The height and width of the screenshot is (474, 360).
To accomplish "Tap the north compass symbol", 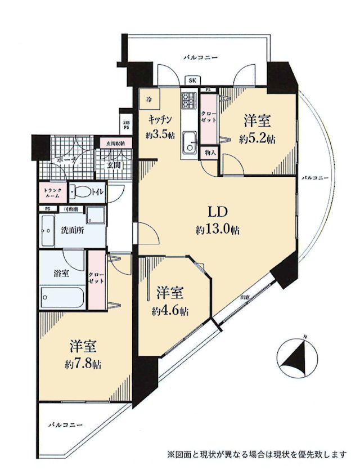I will pyautogui.click(x=296, y=359).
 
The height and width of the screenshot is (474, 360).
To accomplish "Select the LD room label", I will pyautogui.click(x=218, y=213).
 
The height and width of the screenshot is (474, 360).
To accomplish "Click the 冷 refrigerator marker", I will pyautogui.click(x=148, y=100).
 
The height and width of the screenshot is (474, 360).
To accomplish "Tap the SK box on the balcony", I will pyautogui.click(x=192, y=81).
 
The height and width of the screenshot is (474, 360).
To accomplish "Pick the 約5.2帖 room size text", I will pyautogui.click(x=257, y=140).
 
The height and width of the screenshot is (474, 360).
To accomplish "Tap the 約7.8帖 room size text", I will pyautogui.click(x=82, y=362).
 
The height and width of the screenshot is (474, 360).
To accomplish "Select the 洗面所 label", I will pyautogui.click(x=71, y=230).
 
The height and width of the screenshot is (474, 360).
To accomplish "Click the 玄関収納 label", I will pyautogui.click(x=116, y=144).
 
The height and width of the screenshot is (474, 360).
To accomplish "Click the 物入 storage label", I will pyautogui.click(x=208, y=153).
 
